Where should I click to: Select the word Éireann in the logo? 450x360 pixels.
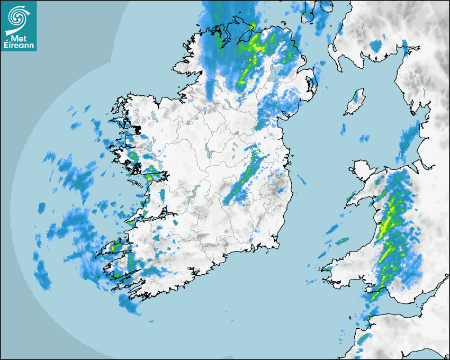click(x=19, y=46)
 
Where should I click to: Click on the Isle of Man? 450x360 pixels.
click(x=355, y=103)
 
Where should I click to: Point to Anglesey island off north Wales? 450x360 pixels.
click(x=362, y=172)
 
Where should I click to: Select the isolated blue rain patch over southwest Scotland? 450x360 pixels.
click(x=376, y=46)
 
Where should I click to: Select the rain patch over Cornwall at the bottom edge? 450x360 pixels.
click(x=363, y=339)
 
